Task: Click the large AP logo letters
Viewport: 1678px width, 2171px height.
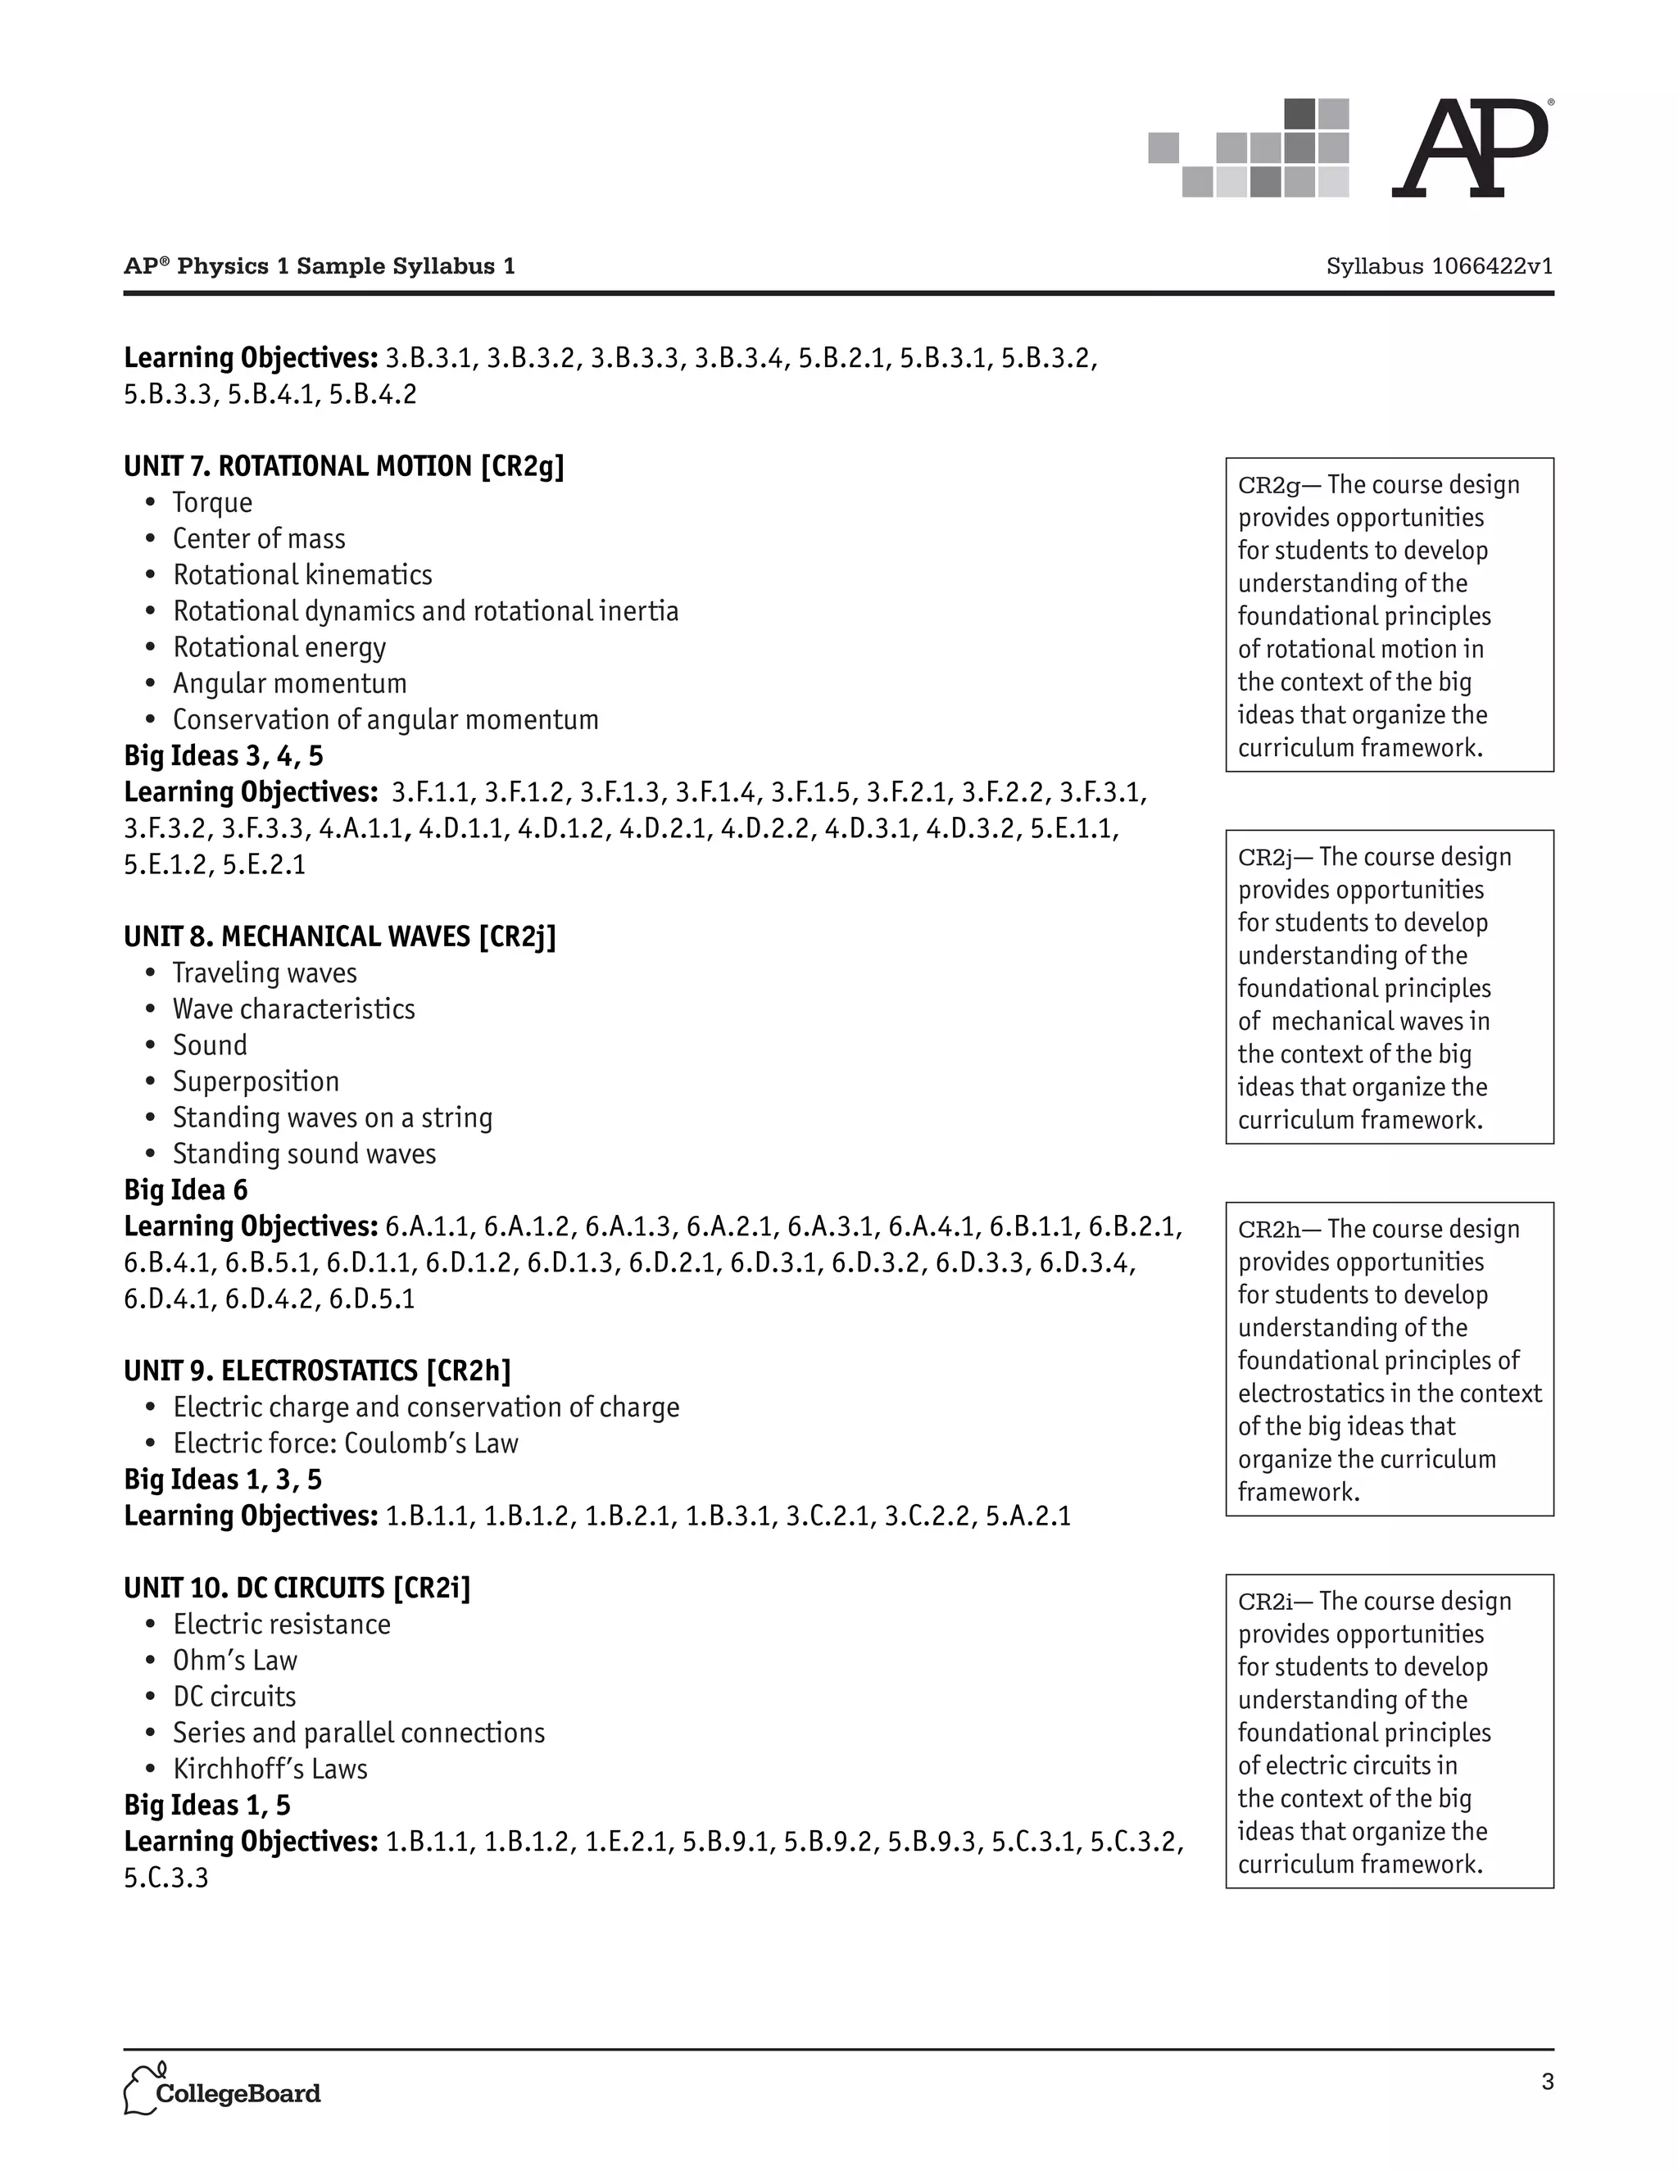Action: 1469,149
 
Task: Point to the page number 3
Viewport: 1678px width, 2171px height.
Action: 1547,2082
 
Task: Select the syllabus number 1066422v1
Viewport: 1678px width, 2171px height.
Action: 1440,266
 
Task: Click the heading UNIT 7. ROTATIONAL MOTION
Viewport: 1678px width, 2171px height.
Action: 343,466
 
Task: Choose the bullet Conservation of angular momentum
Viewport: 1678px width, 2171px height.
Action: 386,719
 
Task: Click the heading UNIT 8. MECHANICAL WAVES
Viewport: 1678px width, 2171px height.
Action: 339,936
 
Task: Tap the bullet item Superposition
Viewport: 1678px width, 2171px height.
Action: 256,1081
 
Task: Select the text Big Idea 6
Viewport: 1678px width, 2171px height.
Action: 186,1190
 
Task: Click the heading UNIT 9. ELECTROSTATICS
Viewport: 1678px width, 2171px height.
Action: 317,1371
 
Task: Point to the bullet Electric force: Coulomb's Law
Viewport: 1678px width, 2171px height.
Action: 346,1444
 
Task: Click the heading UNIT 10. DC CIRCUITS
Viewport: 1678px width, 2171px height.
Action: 297,1588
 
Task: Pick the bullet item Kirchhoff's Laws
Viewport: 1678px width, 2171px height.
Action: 270,1769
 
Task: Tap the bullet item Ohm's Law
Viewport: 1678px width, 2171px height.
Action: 234,1660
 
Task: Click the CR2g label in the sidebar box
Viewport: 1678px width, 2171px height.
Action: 1268,485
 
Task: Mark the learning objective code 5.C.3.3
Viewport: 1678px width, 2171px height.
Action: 166,1878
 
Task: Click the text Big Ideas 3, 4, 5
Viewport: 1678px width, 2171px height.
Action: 224,756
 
